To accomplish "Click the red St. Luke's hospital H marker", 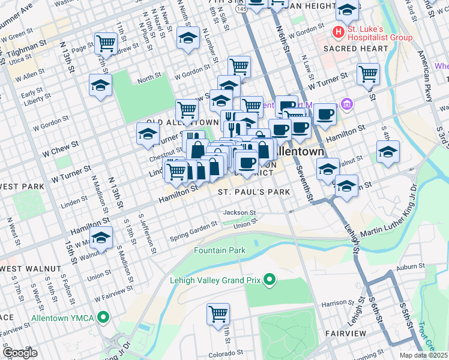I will (339, 31).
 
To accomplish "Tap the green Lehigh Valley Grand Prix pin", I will (270, 279).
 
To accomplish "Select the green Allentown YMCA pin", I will (103, 317).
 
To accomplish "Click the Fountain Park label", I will (219, 250).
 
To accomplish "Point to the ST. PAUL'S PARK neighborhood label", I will (253, 192).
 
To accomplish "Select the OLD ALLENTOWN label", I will (173, 122).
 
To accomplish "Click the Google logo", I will (20, 353).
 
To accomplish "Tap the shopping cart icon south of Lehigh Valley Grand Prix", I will (218, 314).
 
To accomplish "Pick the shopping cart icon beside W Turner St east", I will (368, 74).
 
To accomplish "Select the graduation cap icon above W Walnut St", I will (101, 239).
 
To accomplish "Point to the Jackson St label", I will (240, 212).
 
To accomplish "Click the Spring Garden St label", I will (193, 230).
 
